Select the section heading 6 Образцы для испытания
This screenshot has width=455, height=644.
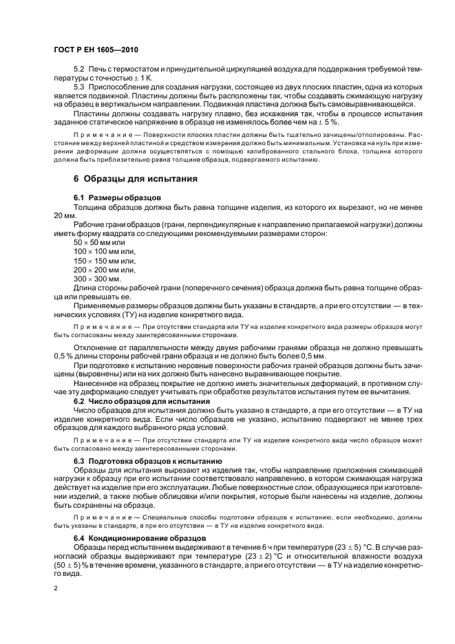136,179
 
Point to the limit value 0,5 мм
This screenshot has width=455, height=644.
312,356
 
